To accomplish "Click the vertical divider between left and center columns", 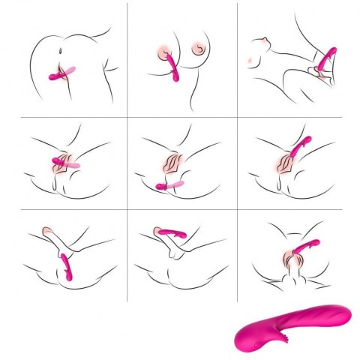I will pos(127,150).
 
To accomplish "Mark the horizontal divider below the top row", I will pos(180,117).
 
